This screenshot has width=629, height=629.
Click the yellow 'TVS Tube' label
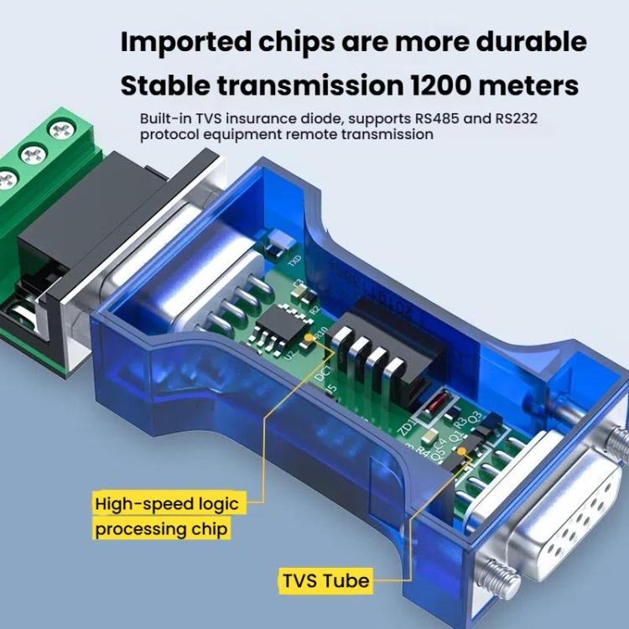(325, 580)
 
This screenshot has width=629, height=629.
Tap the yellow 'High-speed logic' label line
(167, 504)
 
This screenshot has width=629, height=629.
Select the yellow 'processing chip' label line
(161, 529)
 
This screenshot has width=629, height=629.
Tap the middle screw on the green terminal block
(31, 153)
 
